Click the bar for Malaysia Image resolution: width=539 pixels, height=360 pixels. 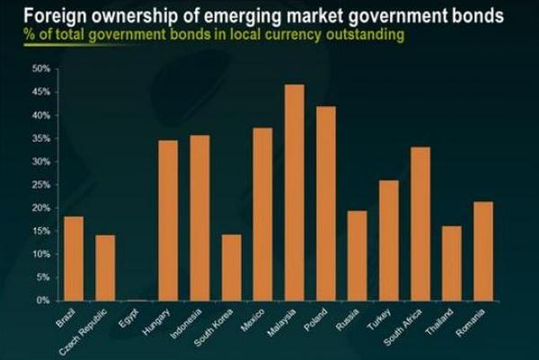tap(294, 193)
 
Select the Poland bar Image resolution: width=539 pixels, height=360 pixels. tap(325, 204)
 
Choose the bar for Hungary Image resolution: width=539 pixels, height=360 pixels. tap(168, 221)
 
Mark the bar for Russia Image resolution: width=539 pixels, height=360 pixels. tap(357, 256)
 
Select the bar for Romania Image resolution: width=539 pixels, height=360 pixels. tap(482, 251)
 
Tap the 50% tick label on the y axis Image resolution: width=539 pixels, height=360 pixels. tap(40, 68)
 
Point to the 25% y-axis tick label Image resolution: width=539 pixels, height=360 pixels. tap(40, 184)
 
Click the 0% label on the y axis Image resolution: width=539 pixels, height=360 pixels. tap(42, 301)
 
